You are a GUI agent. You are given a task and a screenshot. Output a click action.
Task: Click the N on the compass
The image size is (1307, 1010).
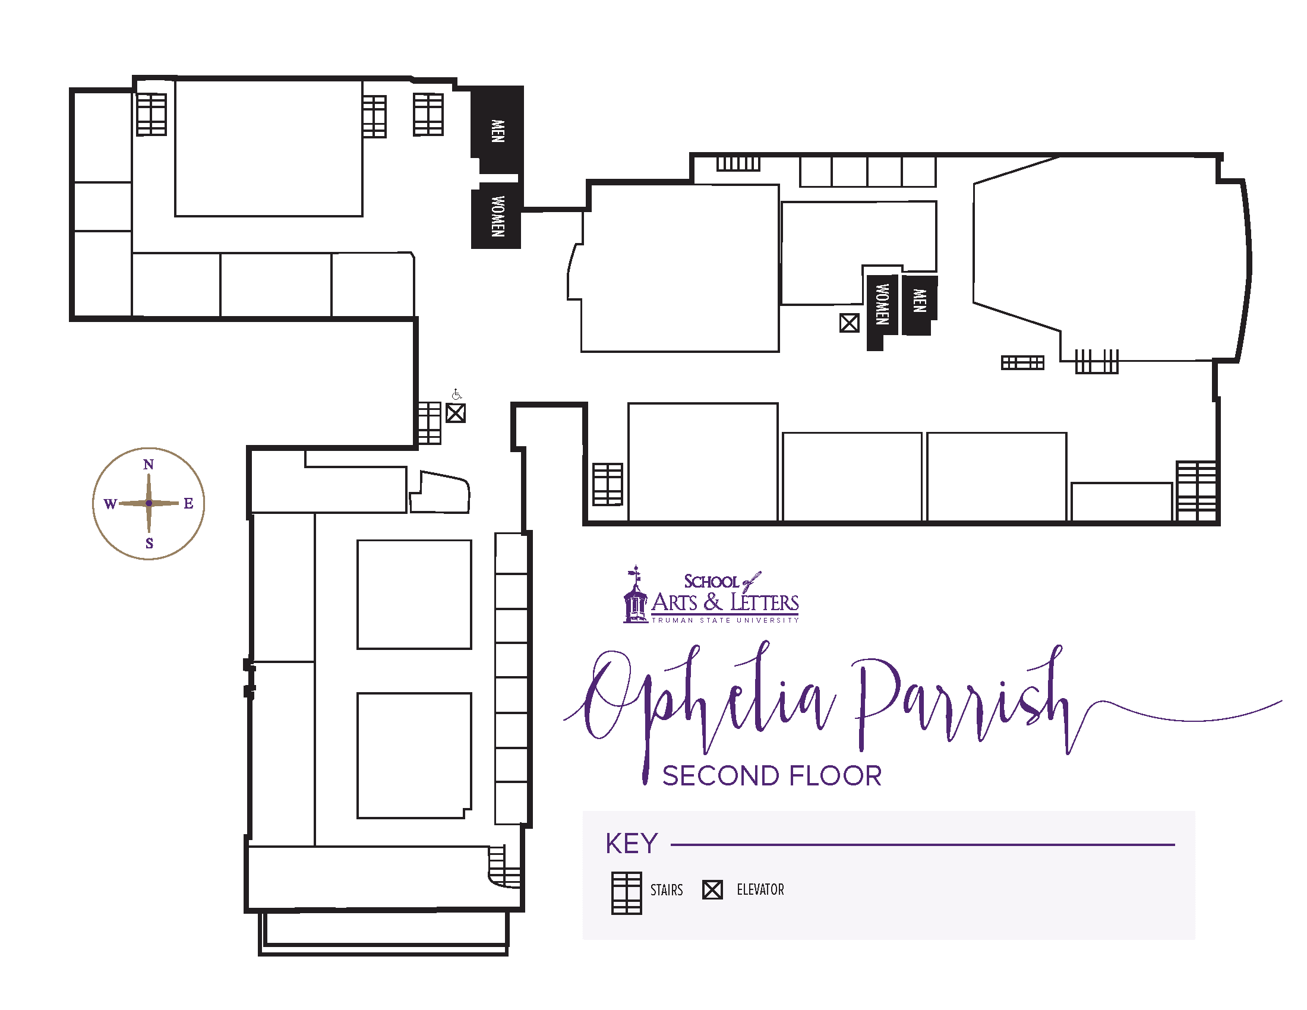coord(149,465)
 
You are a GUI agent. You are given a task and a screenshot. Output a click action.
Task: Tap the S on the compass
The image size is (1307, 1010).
coord(150,543)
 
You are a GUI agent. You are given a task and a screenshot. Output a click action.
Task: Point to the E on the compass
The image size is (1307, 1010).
coord(188,503)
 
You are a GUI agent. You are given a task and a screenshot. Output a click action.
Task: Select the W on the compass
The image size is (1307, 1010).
coord(110,504)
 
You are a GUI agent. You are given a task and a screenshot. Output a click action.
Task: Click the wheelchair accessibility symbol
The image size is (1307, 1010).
coord(457,394)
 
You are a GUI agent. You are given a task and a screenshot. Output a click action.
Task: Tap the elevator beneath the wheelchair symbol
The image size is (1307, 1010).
coord(456,413)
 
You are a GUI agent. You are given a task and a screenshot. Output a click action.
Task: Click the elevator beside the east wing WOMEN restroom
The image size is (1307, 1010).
coord(849,323)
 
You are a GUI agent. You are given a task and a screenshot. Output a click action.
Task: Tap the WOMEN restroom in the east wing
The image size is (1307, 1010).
coord(881,308)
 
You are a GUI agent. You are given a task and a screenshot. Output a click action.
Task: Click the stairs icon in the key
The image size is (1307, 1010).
coord(626,893)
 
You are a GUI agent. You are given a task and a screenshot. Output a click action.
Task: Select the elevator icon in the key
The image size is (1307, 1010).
coord(712,890)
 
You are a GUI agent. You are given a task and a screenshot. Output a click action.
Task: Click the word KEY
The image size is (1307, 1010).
coord(632,844)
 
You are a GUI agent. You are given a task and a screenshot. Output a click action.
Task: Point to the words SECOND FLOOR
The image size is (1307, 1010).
coord(772,776)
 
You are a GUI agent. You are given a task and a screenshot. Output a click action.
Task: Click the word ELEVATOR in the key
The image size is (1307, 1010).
coord(760,890)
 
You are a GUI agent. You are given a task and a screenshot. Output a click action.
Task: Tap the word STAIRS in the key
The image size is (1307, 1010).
coord(667,891)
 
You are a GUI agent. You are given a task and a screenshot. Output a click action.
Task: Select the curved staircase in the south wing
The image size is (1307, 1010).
coord(503,867)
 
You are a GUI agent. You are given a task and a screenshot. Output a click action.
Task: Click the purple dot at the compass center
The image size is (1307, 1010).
coord(149,503)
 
